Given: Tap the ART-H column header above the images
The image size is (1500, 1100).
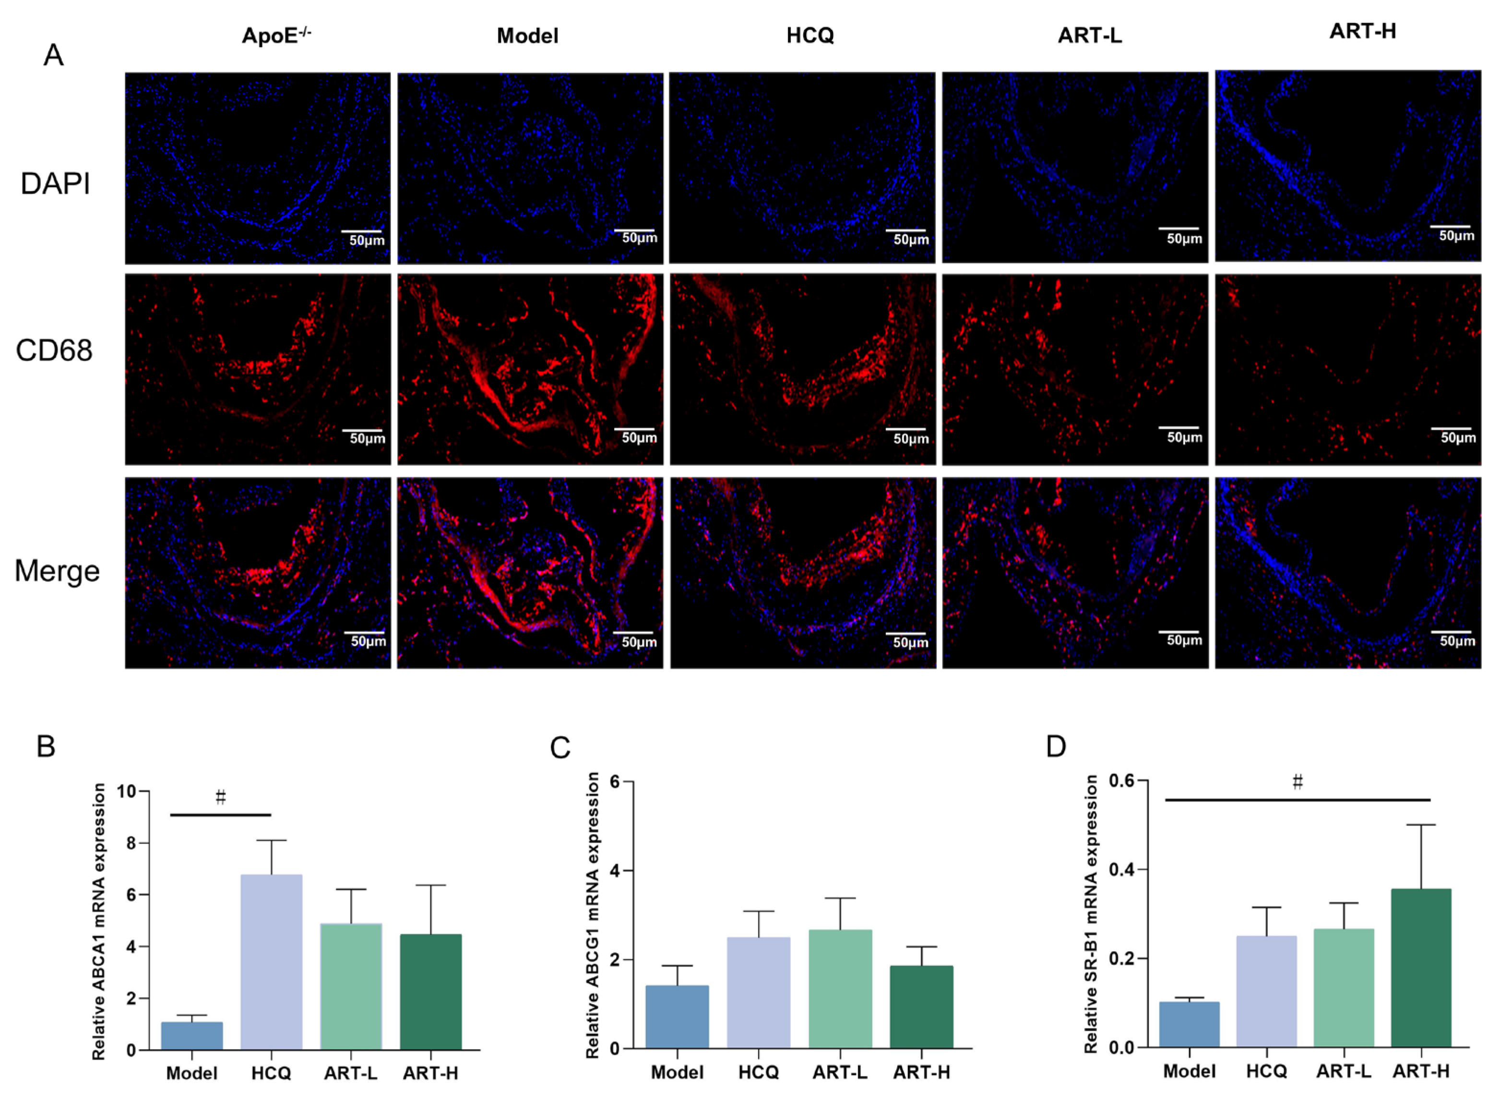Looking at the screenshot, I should pyautogui.click(x=1362, y=31).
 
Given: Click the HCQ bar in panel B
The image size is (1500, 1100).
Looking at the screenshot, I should pyautogui.click(x=271, y=962).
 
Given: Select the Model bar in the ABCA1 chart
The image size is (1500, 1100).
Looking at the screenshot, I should pyautogui.click(x=191, y=1036).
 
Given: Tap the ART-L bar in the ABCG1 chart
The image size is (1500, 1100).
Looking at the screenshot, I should pyautogui.click(x=840, y=989).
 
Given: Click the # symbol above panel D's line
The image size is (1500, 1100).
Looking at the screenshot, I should pyautogui.click(x=1297, y=782).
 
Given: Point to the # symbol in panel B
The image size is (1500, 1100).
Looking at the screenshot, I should pyautogui.click(x=221, y=797).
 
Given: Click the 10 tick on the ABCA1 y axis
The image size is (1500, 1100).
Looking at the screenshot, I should pyautogui.click(x=127, y=792).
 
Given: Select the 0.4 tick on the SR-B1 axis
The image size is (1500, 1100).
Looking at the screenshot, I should pyautogui.click(x=1121, y=870).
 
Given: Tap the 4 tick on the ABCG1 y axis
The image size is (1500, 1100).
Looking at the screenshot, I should pyautogui.click(x=615, y=871).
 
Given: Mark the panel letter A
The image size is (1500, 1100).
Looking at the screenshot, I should pyautogui.click(x=53, y=55).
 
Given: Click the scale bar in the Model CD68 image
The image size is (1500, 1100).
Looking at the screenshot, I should pyautogui.click(x=633, y=429).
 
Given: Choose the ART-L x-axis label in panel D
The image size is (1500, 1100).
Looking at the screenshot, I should pyautogui.click(x=1343, y=1071).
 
